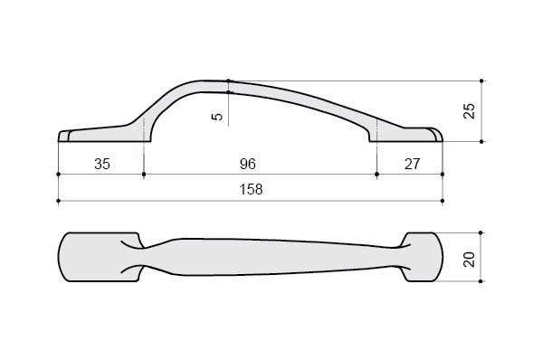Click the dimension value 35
click(x=102, y=164)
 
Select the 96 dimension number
click(x=248, y=164)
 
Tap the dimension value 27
click(x=412, y=164)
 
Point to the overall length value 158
click(x=251, y=189)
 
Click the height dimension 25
click(x=469, y=111)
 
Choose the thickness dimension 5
click(x=217, y=117)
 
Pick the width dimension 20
click(x=469, y=259)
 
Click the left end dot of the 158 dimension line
click(x=58, y=201)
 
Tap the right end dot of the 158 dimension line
click(x=443, y=201)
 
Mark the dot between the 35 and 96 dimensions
click(x=144, y=174)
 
